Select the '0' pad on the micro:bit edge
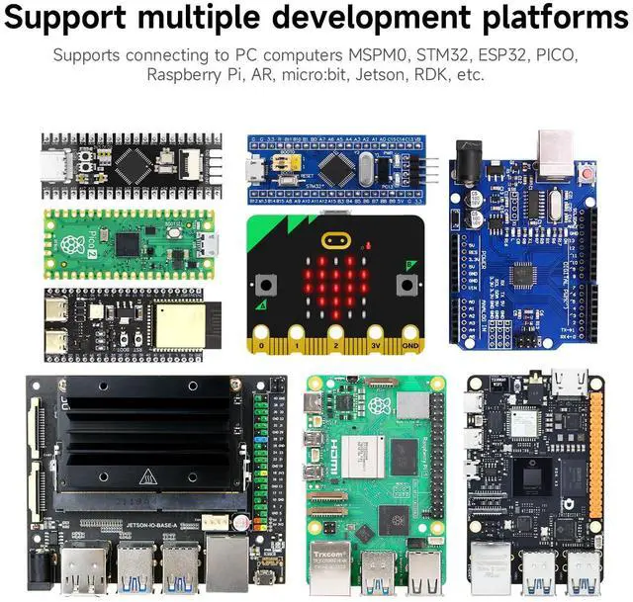click(261, 347)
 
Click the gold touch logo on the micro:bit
click(334, 240)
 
